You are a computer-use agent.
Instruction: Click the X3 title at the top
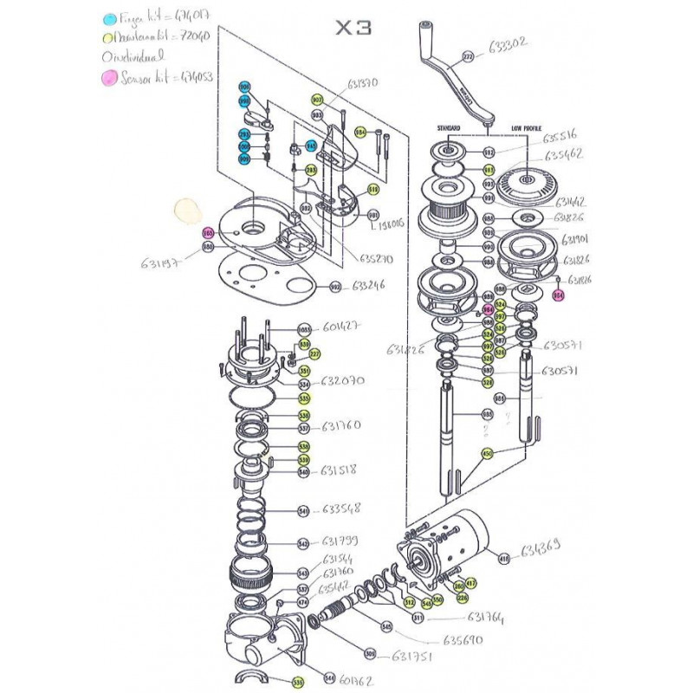click(353, 28)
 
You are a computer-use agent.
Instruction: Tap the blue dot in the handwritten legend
click(108, 18)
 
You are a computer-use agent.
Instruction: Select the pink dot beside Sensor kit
click(109, 78)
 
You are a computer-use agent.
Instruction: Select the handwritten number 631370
click(363, 83)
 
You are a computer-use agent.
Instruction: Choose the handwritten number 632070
click(344, 380)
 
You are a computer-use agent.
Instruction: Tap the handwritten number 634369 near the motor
click(541, 547)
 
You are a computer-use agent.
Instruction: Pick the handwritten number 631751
click(411, 656)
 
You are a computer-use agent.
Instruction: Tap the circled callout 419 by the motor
click(502, 559)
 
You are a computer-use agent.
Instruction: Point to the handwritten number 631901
click(576, 240)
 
